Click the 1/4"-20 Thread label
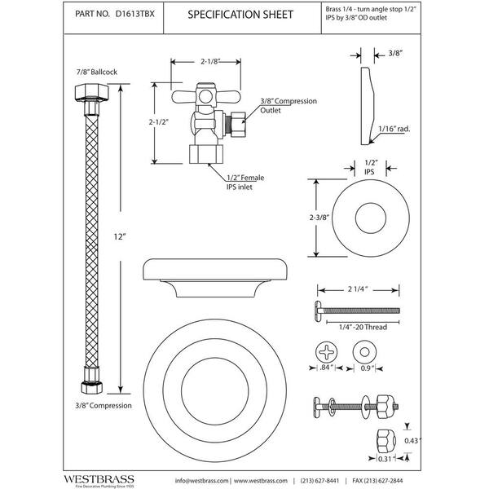tap(359, 328)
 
